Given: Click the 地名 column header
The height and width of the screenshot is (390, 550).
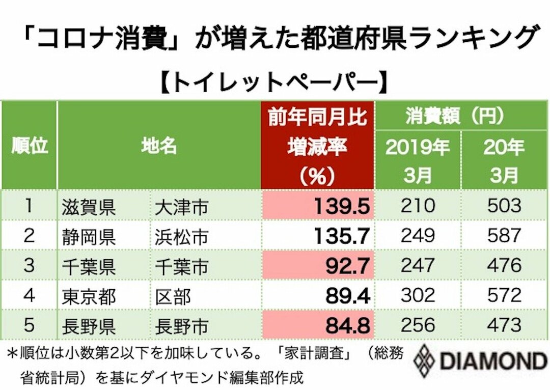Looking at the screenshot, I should pos(159,146).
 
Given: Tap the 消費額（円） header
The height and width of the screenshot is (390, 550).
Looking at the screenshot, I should pos(461,116).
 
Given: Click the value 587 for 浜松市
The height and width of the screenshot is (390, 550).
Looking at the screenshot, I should pos(505,235).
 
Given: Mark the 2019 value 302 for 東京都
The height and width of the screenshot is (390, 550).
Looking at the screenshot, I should pos(417,295).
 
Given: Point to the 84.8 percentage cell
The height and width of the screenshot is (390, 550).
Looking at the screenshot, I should pos(317,325).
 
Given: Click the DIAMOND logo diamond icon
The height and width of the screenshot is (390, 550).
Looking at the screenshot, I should pos(423,360).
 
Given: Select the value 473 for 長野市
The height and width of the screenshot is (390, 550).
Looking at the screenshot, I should pos(505,325).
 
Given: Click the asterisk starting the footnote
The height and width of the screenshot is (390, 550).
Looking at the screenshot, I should pos(11,353).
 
